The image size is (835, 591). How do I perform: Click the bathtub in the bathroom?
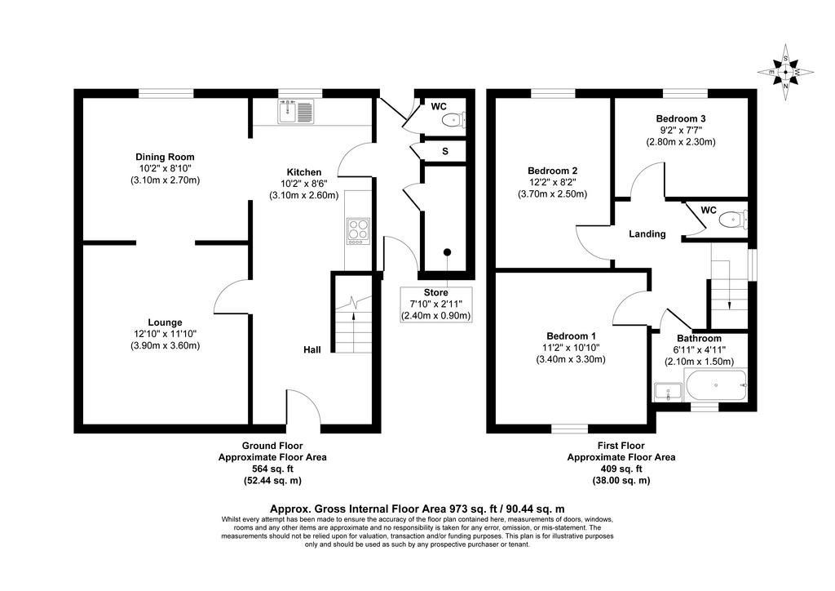point(717,384)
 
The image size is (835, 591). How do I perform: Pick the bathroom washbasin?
point(668,392)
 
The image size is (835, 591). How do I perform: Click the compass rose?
point(785,72)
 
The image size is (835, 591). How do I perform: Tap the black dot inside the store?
point(448,252)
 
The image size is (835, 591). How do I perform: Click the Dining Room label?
point(165,157)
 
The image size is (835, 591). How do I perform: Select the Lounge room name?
point(165,322)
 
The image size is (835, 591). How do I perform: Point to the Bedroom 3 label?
point(681,118)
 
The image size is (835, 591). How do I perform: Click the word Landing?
point(647,234)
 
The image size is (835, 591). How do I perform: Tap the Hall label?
point(312,349)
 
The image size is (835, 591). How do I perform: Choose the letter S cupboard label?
point(445,151)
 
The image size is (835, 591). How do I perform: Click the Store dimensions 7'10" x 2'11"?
point(435,304)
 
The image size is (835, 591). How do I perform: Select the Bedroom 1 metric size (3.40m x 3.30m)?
point(571,359)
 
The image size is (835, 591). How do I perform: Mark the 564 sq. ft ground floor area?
point(272,469)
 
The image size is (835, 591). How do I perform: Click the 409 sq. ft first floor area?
point(621,469)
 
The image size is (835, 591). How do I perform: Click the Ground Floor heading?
point(272,446)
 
